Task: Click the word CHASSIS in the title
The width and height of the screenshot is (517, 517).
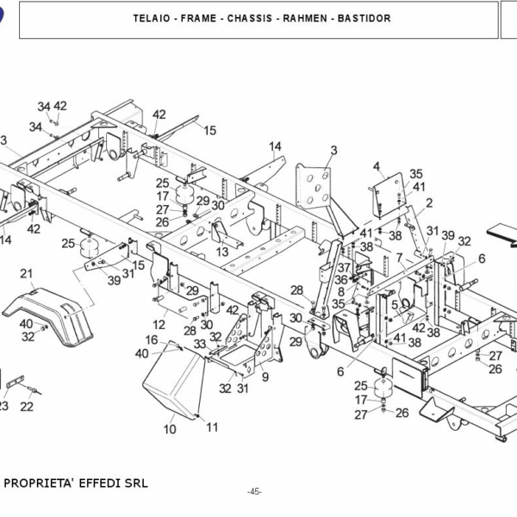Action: [250, 18]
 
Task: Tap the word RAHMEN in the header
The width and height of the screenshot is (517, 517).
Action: [305, 18]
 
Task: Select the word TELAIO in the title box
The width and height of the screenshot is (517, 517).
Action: [152, 18]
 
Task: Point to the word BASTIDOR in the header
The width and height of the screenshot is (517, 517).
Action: [364, 18]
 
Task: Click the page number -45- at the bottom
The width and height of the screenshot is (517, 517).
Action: [254, 492]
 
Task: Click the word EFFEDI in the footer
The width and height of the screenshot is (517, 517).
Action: [100, 483]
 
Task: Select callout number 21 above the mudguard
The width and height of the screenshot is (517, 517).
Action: [27, 273]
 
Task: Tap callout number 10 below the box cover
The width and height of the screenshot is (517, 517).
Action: [170, 429]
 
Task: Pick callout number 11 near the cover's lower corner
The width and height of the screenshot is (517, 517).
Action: [212, 427]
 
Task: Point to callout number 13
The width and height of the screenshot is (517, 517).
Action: [222, 252]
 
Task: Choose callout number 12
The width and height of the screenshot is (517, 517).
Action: [159, 325]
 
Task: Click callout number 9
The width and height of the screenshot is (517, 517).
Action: [265, 377]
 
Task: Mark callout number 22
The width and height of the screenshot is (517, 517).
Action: [27, 407]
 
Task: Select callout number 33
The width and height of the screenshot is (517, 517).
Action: [200, 344]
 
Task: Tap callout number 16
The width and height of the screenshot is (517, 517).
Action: [152, 339]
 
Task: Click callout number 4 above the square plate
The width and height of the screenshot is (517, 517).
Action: [377, 166]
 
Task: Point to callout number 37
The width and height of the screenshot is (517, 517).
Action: [344, 267]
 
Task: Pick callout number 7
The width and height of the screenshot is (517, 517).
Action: [400, 257]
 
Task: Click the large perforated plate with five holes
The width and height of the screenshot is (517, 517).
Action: [314, 187]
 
